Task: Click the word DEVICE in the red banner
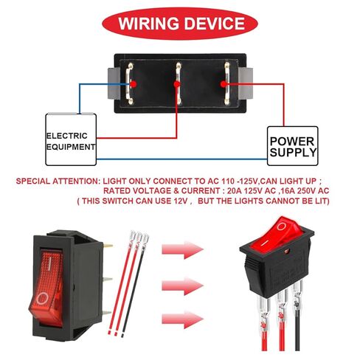point(214,24)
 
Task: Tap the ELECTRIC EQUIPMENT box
point(71,139)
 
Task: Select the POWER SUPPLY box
point(292,146)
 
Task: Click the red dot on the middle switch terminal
point(176,84)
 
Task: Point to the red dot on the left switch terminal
point(134,84)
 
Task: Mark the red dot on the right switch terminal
point(224,84)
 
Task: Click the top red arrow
point(182,250)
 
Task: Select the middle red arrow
point(182,286)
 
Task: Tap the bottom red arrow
point(182,319)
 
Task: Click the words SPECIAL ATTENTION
point(57,181)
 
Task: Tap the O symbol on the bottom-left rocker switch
point(42,299)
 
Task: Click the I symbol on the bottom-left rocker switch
point(49,263)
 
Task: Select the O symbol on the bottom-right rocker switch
point(281,226)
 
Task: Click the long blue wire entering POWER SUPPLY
point(181,159)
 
